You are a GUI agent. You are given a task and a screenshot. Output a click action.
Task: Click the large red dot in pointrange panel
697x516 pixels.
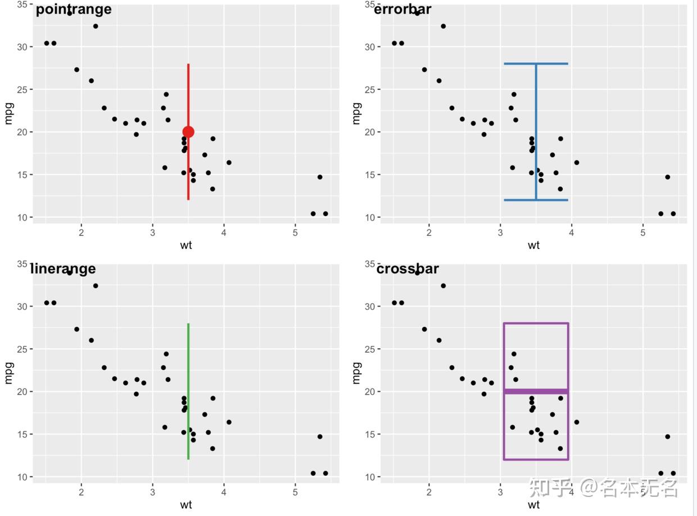[188, 132]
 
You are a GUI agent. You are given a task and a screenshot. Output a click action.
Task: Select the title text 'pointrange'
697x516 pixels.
[74, 9]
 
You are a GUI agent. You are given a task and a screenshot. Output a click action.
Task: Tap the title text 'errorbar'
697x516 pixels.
[402, 9]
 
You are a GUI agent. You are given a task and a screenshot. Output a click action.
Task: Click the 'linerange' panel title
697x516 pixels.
[63, 269]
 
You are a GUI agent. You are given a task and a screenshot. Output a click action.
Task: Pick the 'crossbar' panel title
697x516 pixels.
[408, 269]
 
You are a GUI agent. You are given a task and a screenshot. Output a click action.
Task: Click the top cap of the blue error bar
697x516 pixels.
[536, 63]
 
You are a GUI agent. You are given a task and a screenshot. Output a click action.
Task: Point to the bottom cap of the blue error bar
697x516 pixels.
[536, 200]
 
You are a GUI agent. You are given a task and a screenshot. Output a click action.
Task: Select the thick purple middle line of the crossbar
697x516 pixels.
[536, 391]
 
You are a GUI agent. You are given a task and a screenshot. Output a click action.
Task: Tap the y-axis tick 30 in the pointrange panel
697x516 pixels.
[22, 47]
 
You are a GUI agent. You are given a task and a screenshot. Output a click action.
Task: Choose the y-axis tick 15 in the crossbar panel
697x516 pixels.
[370, 434]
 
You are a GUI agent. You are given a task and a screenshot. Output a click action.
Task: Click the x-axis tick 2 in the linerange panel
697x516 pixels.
[82, 492]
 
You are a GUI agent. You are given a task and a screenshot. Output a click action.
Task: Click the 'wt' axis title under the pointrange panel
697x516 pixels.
[186, 245]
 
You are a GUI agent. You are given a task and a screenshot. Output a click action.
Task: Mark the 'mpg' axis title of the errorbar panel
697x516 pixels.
[356, 113]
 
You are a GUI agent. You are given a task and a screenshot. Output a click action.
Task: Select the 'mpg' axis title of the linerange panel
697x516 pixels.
[8, 372]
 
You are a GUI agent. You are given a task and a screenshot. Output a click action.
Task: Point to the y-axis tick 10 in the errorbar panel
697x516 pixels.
[370, 217]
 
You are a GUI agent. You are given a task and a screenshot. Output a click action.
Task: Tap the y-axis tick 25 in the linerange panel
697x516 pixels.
[22, 349]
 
